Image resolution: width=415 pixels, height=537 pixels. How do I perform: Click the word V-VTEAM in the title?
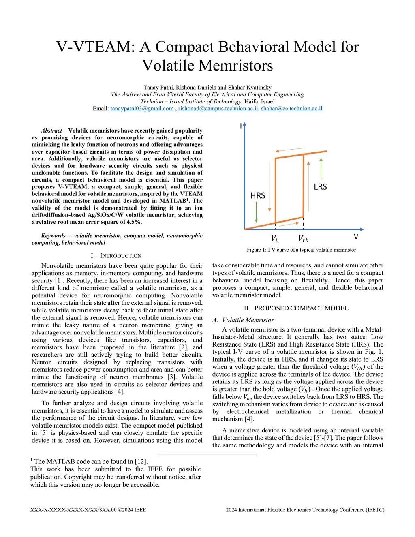pyautogui.click(x=95, y=47)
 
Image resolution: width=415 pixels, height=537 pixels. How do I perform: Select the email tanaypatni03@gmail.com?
pyautogui.click(x=142, y=109)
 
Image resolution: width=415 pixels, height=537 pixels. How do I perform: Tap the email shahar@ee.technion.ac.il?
pyautogui.click(x=291, y=109)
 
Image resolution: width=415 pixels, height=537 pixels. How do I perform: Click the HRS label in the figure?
pyautogui.click(x=258, y=196)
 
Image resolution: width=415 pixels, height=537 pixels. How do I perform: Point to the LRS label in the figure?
pyautogui.click(x=320, y=187)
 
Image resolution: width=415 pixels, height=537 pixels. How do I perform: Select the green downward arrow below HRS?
pyautogui.click(x=257, y=212)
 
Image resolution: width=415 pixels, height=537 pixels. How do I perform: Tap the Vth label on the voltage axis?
pyautogui.click(x=303, y=239)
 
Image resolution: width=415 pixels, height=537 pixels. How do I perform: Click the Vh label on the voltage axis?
pyautogui.click(x=275, y=239)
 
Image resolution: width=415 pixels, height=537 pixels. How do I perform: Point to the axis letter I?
pyautogui.click(x=241, y=126)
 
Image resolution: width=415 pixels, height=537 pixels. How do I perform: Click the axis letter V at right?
pyautogui.click(x=356, y=237)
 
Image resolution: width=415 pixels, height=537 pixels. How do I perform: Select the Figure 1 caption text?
pyautogui.click(x=301, y=250)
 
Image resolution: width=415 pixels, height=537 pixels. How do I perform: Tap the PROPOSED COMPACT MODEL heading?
pyautogui.click(x=301, y=308)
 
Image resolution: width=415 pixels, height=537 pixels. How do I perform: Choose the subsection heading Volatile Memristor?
pyautogui.click(x=248, y=320)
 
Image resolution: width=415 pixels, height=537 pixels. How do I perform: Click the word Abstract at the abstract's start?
pyautogui.click(x=51, y=131)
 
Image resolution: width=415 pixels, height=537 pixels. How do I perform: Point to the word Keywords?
pyautogui.click(x=53, y=236)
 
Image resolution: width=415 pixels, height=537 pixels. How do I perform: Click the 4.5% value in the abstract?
pyautogui.click(x=134, y=222)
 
